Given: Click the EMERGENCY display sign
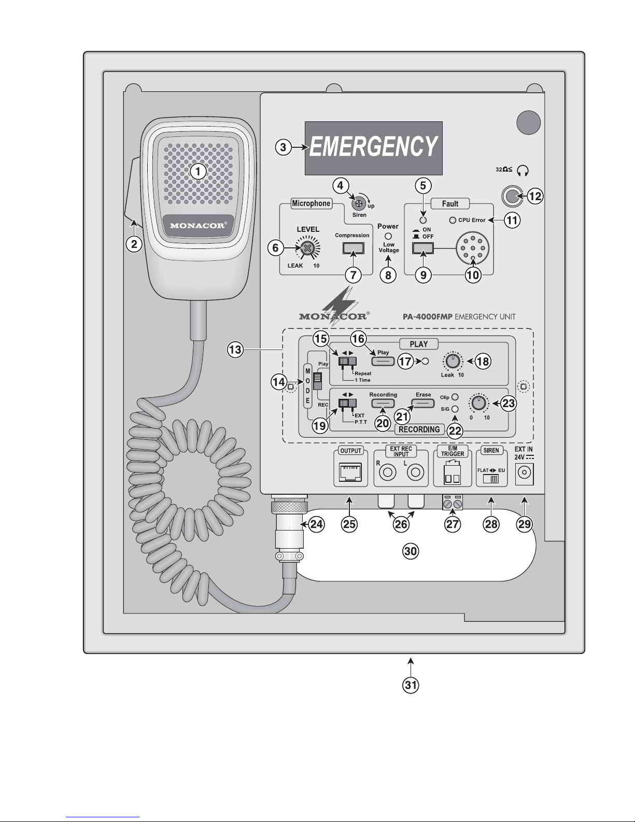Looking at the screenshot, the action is point(373,148).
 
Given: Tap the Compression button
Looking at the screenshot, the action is point(353,248).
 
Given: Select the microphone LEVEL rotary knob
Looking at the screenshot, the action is point(308,248).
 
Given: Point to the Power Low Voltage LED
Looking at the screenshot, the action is point(388,236).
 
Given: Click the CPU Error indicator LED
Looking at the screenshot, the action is point(453,220).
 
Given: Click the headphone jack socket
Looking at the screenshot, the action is point(512,196).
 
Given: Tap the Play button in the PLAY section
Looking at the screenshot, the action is point(383,361).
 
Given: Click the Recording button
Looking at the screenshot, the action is point(383,403).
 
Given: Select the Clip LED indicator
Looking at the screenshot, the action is point(455,397).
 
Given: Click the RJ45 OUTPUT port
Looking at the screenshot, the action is point(350,472).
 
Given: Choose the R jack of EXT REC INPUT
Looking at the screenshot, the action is point(387,472).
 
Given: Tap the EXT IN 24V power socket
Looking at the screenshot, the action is point(524,473).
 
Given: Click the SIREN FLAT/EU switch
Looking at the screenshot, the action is point(491,479).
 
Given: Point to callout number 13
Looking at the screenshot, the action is point(235,349).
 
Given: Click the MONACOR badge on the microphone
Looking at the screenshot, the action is point(198,226).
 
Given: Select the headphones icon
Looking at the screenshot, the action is point(523,171).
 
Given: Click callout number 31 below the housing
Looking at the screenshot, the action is point(411,685).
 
